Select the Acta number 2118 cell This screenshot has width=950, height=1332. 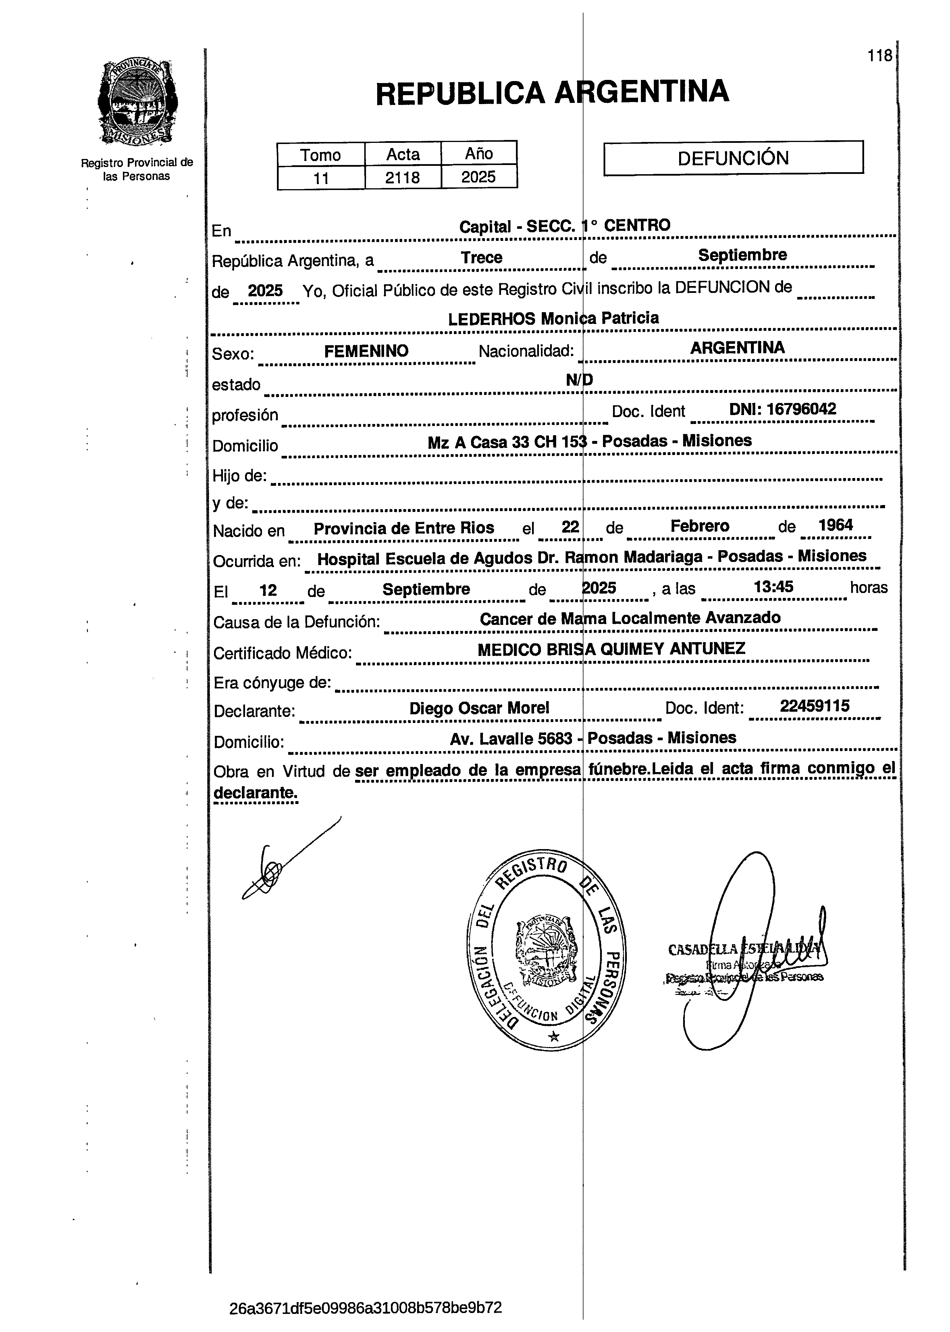click(x=402, y=177)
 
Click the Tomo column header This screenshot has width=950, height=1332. click(x=321, y=155)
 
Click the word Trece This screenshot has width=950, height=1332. click(x=481, y=258)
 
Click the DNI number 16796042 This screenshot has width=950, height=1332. click(x=801, y=408)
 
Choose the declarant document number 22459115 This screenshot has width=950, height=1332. click(x=814, y=706)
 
